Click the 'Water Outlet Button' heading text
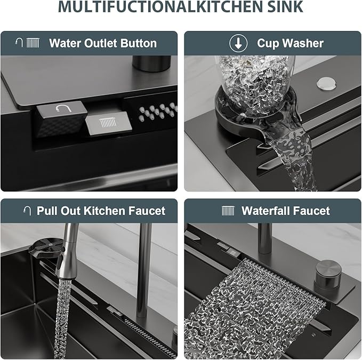[103, 43]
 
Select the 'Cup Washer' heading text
[290, 43]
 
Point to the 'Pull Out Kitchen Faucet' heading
[101, 211]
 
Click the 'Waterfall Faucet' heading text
[286, 211]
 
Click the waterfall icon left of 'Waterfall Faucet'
[228, 211]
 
